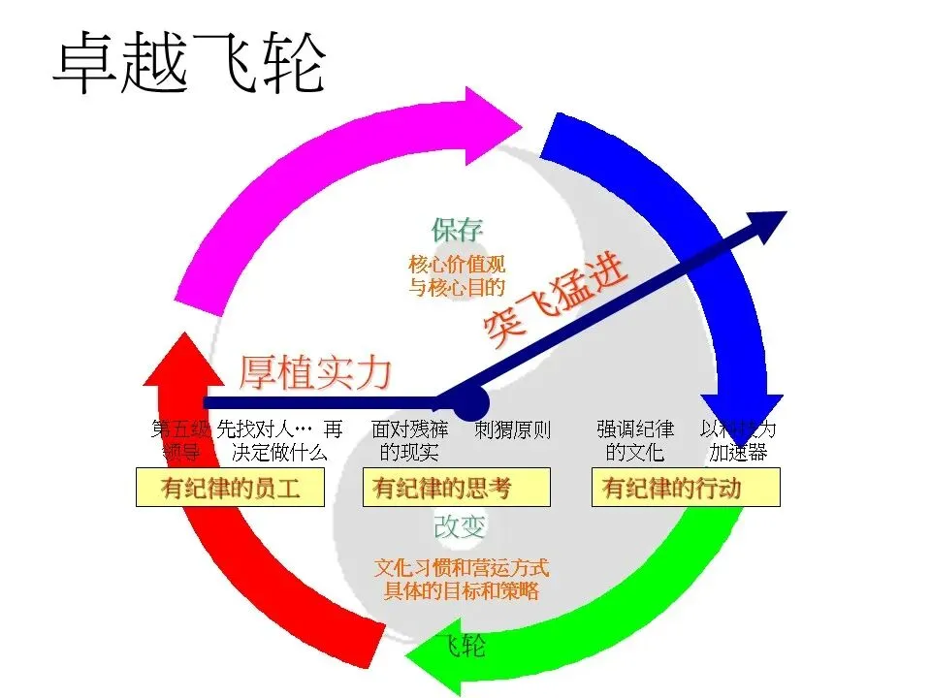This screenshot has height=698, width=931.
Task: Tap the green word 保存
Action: click(457, 230)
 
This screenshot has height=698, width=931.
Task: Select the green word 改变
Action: click(460, 526)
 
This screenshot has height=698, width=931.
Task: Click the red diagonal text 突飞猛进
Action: click(555, 303)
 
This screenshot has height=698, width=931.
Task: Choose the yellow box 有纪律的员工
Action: click(230, 488)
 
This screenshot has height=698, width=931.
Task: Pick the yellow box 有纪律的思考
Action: click(456, 488)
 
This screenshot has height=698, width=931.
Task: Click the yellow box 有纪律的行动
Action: click(686, 488)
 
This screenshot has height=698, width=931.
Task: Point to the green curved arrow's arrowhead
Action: click(427, 663)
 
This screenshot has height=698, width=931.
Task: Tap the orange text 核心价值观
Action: click(457, 264)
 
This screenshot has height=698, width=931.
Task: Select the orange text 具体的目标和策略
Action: click(461, 590)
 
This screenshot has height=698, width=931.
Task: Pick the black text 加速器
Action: click(737, 453)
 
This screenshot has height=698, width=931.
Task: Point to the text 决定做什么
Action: click(279, 453)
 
